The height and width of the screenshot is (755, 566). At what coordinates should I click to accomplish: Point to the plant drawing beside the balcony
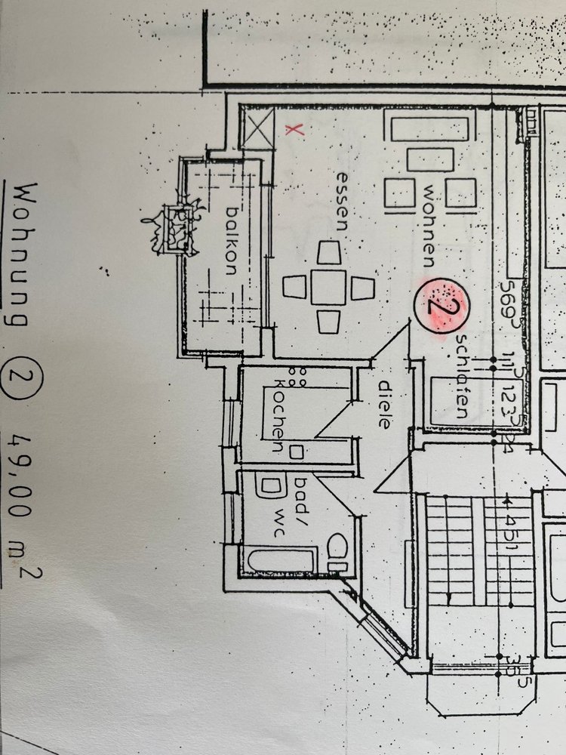point(170,224)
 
